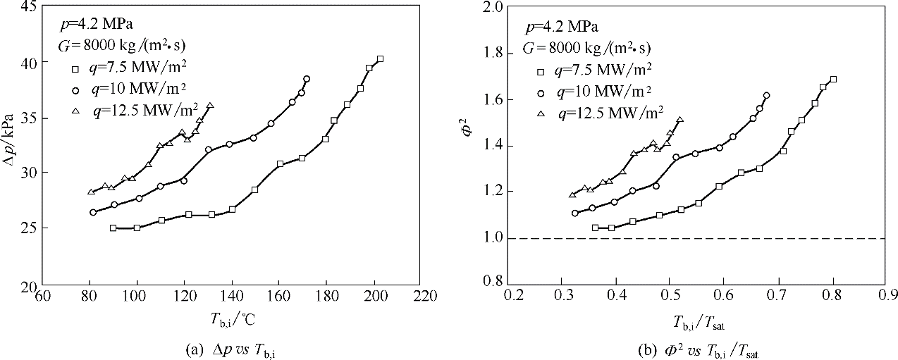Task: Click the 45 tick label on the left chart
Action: coord(30,7)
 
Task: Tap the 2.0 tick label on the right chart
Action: coord(493,7)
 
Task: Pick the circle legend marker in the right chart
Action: coord(541,92)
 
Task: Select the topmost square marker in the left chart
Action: coord(380,59)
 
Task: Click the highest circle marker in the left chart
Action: coord(307,79)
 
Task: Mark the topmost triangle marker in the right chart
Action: coord(679,120)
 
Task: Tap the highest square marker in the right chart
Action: coord(833,79)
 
